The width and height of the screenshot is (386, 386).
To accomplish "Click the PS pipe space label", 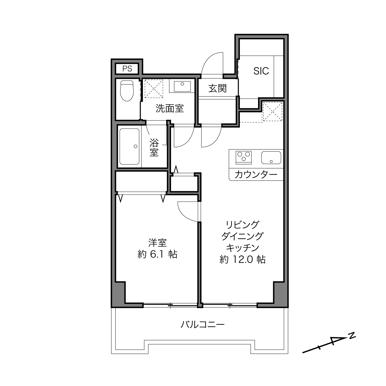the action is tap(127, 69).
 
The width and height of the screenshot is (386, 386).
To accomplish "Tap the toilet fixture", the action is tap(127, 91).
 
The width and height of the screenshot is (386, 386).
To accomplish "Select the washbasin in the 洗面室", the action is tap(182, 86).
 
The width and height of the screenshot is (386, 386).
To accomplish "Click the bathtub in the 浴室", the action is tap(129, 146).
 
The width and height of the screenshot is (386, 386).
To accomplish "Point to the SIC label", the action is tap(261, 71).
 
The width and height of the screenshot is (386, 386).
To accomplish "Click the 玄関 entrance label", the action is tap(217, 88).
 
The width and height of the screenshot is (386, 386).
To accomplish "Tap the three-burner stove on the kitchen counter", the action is tap(244, 158).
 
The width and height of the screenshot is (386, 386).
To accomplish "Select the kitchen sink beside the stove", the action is tap(271, 158).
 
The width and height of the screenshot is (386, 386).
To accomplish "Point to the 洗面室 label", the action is tap(170, 108).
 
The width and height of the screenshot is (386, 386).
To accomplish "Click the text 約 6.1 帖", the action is tap(158, 254).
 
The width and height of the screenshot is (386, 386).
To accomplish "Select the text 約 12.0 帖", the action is tap(243, 259).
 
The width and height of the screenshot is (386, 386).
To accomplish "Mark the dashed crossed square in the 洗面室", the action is tap(154, 88).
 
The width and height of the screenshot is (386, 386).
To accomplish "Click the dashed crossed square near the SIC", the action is tap(273, 112).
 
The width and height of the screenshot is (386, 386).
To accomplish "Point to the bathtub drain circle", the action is tap(135, 146).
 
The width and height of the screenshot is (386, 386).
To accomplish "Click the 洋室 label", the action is tap(158, 243).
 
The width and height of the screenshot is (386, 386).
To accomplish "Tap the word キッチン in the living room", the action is tap(243, 248).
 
